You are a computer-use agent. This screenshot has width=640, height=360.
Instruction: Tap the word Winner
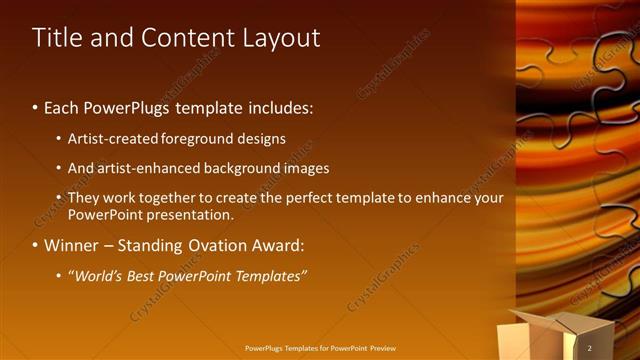72,245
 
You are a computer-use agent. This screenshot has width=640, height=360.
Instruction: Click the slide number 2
590,348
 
